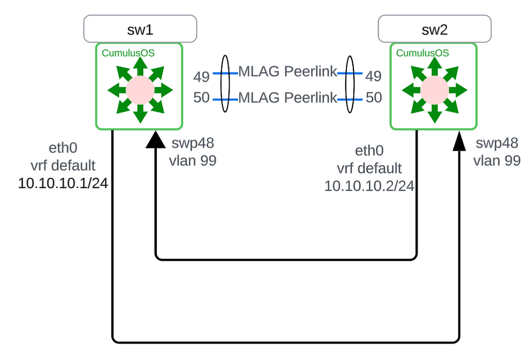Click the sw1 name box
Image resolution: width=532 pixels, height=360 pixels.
point(140,29)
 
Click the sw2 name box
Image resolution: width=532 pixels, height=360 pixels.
point(434,29)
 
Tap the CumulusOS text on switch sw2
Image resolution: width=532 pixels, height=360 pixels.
point(422,53)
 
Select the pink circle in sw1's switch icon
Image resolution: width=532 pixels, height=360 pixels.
point(140,90)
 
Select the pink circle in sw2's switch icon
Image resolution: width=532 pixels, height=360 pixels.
point(434,90)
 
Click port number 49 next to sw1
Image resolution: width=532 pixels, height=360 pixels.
point(201,77)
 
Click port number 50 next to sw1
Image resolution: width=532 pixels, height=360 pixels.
point(201,97)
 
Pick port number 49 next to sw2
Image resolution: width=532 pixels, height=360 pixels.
point(373,77)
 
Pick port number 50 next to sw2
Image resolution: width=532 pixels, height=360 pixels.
point(373,97)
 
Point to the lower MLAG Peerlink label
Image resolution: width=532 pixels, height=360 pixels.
point(288,97)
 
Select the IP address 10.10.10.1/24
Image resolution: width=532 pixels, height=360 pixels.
point(63,183)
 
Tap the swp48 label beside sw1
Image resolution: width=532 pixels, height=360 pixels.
point(192,143)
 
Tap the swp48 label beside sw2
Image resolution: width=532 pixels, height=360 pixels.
point(497,143)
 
